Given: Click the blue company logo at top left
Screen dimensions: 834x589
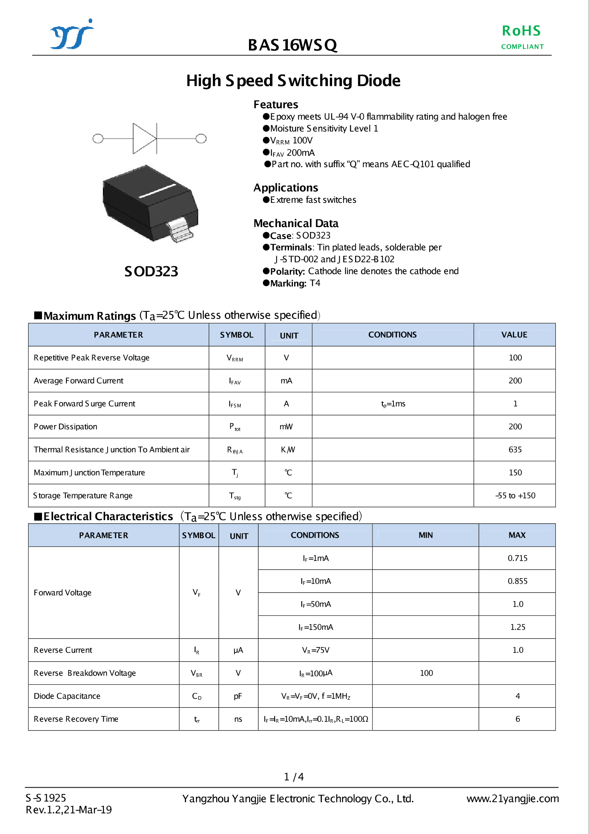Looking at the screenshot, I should pos(72,35).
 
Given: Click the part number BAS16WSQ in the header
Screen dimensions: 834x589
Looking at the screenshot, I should pos(292,45).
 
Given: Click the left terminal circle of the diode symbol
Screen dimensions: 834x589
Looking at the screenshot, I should pos(97,139).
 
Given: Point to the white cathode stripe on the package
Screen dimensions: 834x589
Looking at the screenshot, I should pos(157,191).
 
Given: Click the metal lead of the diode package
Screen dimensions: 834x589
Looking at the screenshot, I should pos(180,230).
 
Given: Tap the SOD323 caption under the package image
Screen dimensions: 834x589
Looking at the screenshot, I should pos(151,272).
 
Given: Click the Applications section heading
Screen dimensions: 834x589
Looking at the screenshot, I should pos(286,188).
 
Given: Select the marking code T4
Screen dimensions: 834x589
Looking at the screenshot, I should pos(315,283).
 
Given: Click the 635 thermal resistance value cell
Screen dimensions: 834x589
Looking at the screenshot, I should pos(515,450).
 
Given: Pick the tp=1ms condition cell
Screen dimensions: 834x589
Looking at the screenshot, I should pos(393,404).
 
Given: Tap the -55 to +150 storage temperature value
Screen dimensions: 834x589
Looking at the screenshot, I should pos(515,496).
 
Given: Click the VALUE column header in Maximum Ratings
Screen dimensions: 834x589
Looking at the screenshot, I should pos(514,335).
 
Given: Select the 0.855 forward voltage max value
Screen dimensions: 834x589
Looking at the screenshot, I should pos(517,581).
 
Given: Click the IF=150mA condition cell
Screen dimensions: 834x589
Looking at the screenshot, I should pos(315,627).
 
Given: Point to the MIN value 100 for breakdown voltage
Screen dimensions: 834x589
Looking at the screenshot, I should pos(426,673).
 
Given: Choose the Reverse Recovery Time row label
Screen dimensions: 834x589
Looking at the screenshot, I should pos(76,719).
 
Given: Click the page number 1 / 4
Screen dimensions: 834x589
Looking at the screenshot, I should pos(294,777).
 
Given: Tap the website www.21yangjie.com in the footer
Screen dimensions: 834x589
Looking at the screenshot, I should pos(513,799).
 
